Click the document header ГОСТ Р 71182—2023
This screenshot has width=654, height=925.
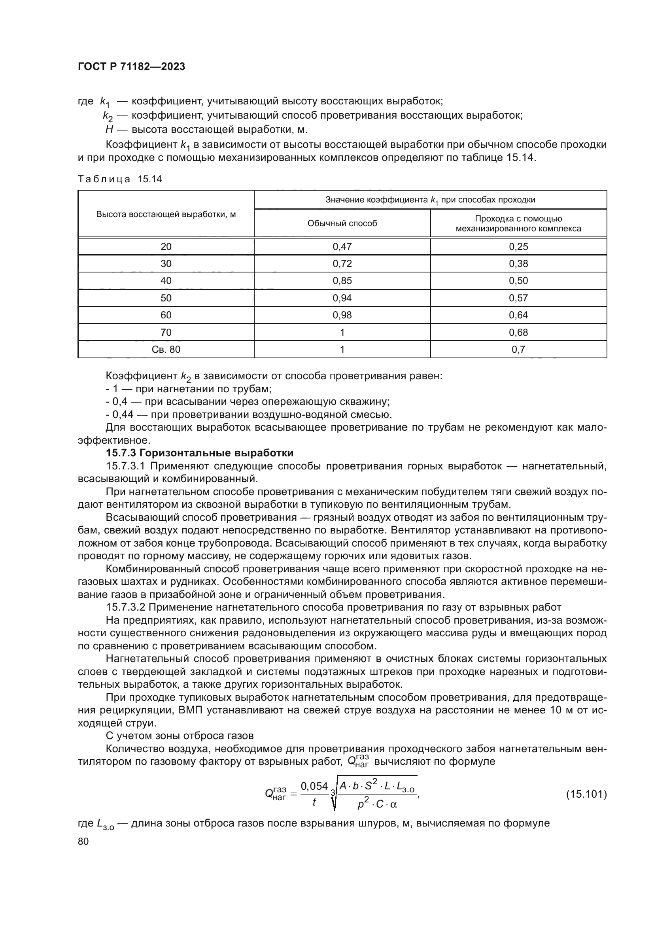coord(131,67)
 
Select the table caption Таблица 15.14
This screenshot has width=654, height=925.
coord(119,179)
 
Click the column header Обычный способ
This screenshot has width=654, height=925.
coord(342,223)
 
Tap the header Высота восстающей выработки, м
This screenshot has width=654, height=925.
coord(166,214)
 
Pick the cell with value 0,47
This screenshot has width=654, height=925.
coord(342,246)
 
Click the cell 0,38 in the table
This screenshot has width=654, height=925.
coord(518,264)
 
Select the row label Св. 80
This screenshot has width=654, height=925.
coord(166,349)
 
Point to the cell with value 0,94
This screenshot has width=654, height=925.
coord(342,298)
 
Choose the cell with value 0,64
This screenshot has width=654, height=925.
coord(518,315)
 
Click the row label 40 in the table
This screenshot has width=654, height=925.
coord(166,281)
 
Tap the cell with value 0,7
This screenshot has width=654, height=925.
coord(518,349)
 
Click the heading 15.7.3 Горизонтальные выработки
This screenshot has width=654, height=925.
coord(199,453)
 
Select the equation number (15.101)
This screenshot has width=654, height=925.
coord(586,794)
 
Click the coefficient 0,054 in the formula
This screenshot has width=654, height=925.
coord(314,786)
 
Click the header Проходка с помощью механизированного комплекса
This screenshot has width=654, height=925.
coord(518,223)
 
